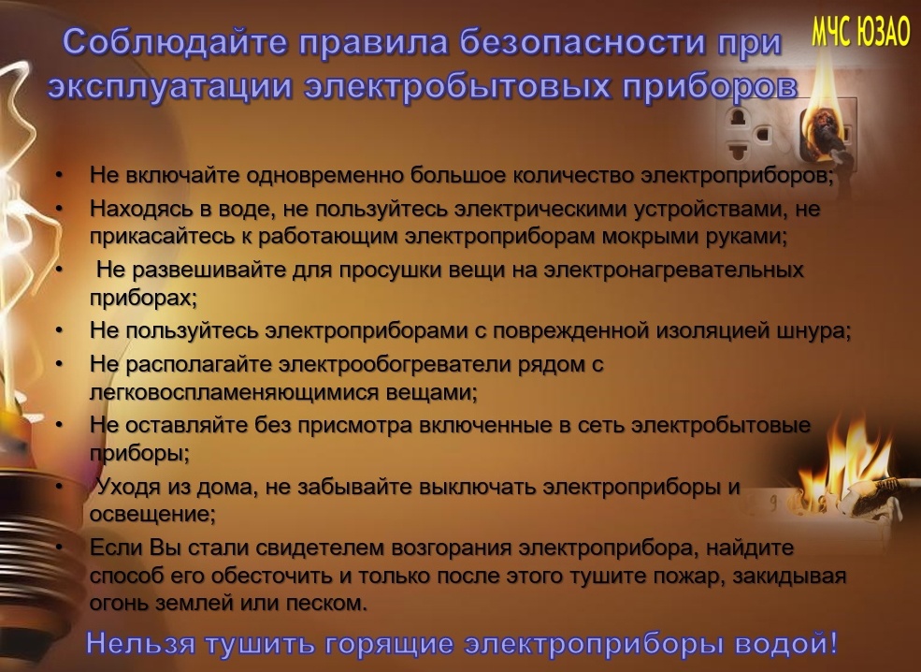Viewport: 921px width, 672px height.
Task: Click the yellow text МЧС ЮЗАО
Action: click(x=860, y=31)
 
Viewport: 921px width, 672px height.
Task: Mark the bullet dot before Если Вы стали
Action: click(x=59, y=548)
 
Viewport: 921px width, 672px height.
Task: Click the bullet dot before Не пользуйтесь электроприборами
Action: click(x=59, y=331)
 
